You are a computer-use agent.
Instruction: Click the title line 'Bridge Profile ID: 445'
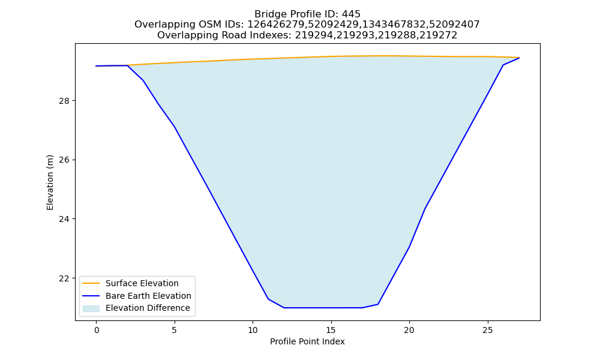click(307, 14)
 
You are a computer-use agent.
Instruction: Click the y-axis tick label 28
click(64, 101)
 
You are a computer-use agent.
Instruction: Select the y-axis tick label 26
click(64, 160)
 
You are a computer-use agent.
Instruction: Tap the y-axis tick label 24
click(64, 219)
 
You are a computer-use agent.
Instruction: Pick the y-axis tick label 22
click(64, 278)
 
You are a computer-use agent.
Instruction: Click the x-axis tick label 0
click(97, 330)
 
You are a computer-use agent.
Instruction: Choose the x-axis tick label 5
click(175, 330)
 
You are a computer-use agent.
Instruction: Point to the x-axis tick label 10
click(253, 330)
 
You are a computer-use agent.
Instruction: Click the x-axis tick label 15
click(331, 330)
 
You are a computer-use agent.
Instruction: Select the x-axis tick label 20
click(409, 330)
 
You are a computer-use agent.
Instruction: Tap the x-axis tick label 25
click(487, 330)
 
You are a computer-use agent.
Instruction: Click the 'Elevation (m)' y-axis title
click(50, 182)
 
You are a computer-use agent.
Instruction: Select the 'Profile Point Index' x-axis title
click(307, 341)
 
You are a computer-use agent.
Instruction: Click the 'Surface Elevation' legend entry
click(130, 283)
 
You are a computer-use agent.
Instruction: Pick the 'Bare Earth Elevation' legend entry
click(137, 296)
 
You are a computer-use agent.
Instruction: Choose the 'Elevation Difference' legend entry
click(136, 308)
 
